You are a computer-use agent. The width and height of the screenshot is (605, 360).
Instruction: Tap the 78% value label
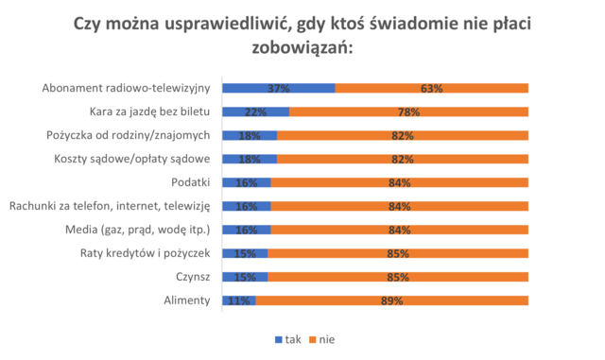coord(408,111)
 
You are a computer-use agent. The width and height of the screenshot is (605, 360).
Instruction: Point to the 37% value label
coord(279,88)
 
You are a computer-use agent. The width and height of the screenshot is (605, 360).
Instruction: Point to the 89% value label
coord(392,300)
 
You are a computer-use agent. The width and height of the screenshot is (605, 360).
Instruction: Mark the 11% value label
coord(239,300)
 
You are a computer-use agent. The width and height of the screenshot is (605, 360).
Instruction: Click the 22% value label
coord(255,111)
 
